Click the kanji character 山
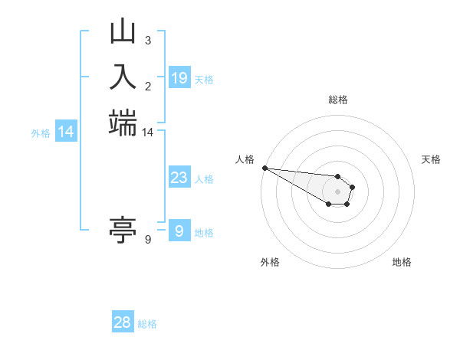(x=123, y=33)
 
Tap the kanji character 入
(x=123, y=78)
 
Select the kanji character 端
(x=123, y=123)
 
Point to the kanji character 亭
(x=123, y=229)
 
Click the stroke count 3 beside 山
(x=147, y=40)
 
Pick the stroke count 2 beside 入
(x=147, y=85)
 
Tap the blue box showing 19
(x=179, y=78)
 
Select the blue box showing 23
(x=179, y=178)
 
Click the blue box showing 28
(x=123, y=322)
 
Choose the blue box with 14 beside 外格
(x=67, y=132)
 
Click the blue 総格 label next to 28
(x=147, y=324)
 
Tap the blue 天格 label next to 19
(x=204, y=80)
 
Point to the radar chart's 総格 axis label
(x=337, y=100)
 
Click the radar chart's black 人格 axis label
(x=245, y=159)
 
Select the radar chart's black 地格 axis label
(x=402, y=262)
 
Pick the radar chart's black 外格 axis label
(x=270, y=262)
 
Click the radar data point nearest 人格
(x=264, y=168)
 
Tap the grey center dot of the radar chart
(x=337, y=191)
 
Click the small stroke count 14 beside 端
(x=147, y=132)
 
